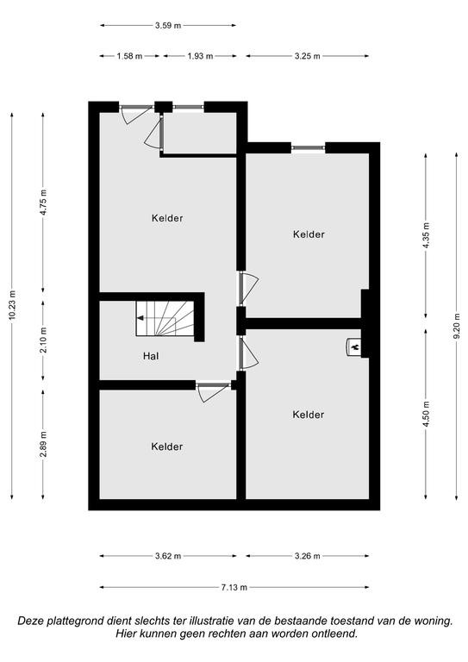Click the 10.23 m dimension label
tap(12, 305)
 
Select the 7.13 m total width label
tap(234, 587)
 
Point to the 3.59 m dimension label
tap(168, 25)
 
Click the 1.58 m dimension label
tap(129, 56)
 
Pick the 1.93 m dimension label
tap(200, 56)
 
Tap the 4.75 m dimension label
tap(43, 203)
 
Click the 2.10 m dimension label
tap(43, 340)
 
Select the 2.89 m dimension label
tap(43, 444)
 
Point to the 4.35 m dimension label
tap(426, 235)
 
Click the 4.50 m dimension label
tap(426, 414)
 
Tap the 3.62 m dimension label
tap(168, 556)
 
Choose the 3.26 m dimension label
tap(307, 556)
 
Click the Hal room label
tap(151, 356)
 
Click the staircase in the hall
tap(165, 318)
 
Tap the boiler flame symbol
tap(355, 347)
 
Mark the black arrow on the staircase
tap(140, 318)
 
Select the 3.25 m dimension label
tap(307, 56)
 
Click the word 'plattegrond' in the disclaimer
tap(78, 621)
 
